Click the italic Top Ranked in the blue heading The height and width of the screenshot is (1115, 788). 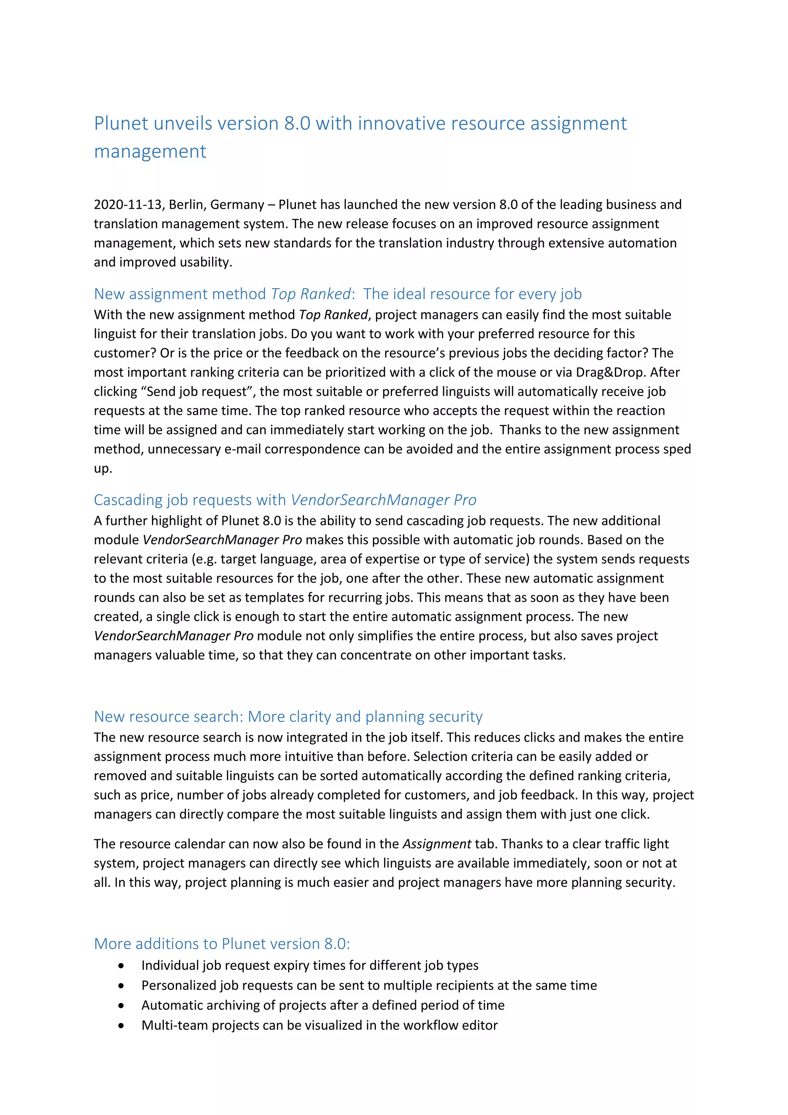pos(310,294)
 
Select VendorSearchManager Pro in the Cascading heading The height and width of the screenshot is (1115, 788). pos(383,500)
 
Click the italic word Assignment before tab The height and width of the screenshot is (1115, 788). pos(437,844)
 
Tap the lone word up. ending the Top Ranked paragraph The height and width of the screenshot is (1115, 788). pos(102,469)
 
